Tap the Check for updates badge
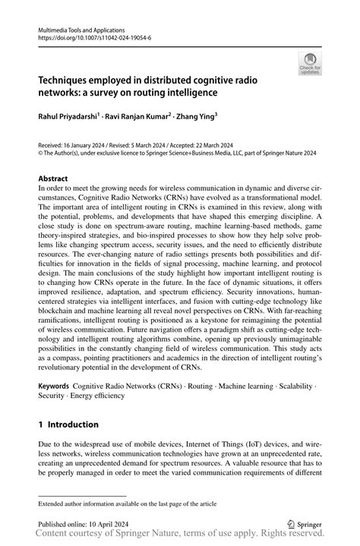[x=310, y=65]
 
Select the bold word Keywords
[x=58, y=386]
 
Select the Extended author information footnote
[x=122, y=503]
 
